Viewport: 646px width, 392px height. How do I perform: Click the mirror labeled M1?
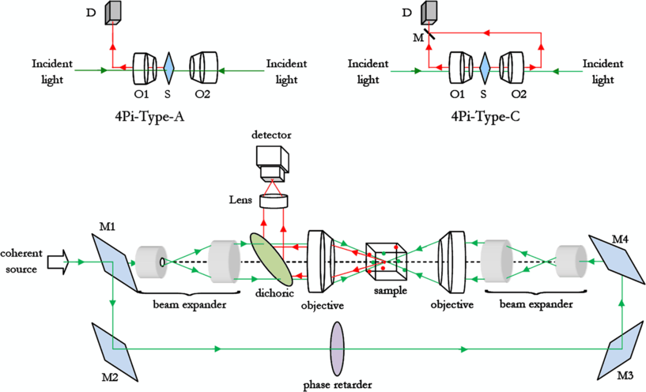pyautogui.click(x=115, y=260)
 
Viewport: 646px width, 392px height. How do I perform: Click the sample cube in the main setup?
pyautogui.click(x=387, y=260)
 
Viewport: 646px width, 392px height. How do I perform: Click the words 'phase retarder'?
pyautogui.click(x=338, y=384)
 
